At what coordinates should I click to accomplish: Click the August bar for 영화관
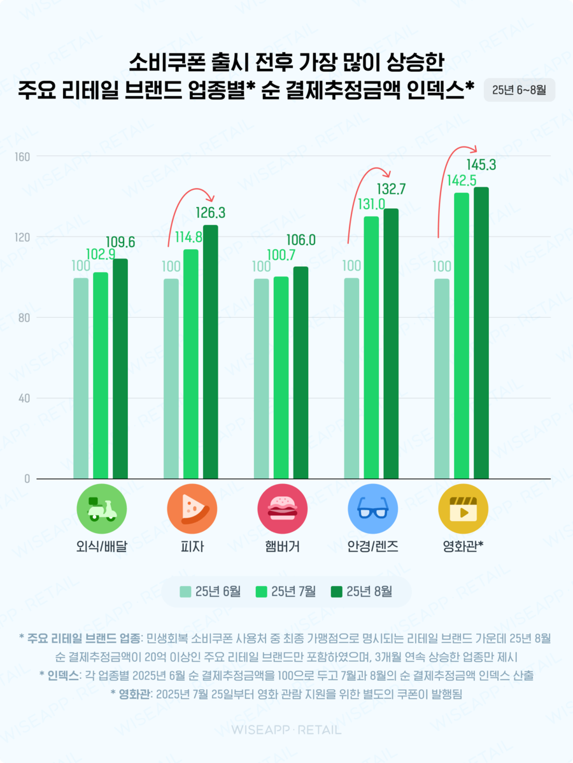(481, 332)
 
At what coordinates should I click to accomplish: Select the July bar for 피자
(191, 364)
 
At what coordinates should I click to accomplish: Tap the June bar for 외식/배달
(81, 378)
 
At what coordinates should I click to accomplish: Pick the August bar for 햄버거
(301, 373)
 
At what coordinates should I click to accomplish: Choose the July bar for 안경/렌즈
(371, 348)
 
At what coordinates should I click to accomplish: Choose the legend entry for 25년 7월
(286, 591)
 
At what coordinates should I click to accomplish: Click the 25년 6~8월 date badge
(519, 90)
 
